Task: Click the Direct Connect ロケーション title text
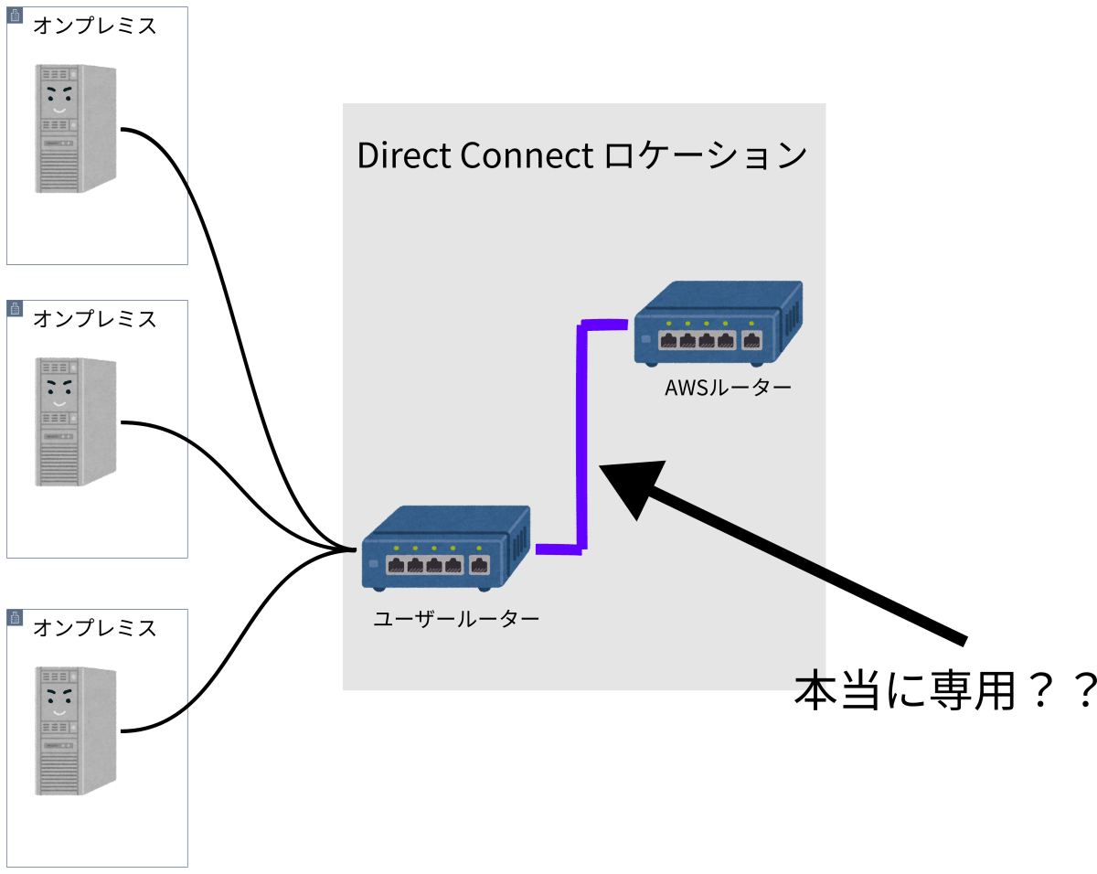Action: click(581, 155)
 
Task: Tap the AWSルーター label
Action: click(728, 388)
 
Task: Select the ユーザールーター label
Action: click(456, 619)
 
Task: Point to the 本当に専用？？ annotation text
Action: click(944, 690)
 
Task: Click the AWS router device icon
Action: click(719, 324)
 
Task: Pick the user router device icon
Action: click(446, 549)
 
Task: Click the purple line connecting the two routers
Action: click(581, 437)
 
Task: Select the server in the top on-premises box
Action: click(76, 129)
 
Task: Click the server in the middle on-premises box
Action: click(76, 421)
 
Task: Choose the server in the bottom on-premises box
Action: click(76, 730)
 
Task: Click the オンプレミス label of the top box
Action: click(95, 26)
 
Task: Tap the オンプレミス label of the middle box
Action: click(95, 319)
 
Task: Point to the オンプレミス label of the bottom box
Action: click(95, 628)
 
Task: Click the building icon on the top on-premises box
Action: click(15, 16)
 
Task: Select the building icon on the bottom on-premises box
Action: click(15, 617)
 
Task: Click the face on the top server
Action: click(59, 100)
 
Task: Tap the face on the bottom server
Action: click(59, 701)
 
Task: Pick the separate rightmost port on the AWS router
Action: click(751, 340)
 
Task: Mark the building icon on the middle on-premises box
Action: click(15, 308)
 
